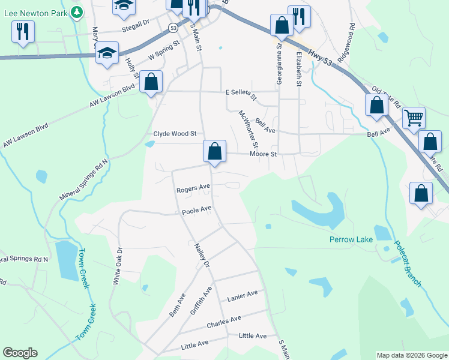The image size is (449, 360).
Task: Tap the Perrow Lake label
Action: [351, 240]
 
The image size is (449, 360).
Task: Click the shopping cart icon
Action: [414, 118]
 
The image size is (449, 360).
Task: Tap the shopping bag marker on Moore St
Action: [214, 152]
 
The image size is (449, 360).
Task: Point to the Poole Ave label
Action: [197, 209]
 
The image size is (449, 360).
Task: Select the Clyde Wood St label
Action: [175, 134]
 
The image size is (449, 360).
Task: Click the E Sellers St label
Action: [241, 95]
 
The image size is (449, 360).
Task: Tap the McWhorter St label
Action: [248, 129]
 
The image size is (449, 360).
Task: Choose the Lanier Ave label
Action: [243, 295]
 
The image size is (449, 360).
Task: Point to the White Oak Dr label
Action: [117, 266]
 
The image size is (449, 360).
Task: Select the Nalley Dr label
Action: [202, 256]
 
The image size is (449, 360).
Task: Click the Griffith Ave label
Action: [201, 301]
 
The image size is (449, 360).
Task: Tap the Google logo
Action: [20, 353]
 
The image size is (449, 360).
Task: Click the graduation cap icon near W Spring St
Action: [107, 53]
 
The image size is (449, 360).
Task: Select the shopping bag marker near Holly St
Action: [151, 82]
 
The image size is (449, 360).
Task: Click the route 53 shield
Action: [173, 28]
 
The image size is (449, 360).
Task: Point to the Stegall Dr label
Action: [135, 24]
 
